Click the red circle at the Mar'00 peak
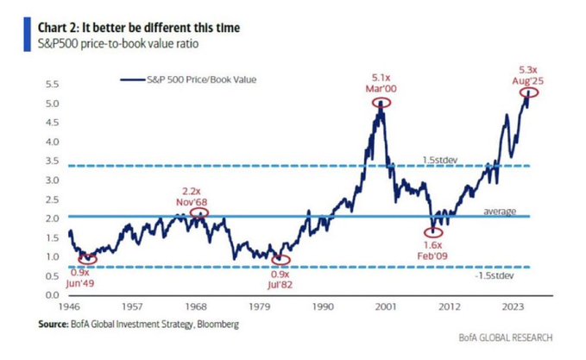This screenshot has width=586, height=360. click(x=380, y=102)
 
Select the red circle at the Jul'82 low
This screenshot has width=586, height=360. click(x=280, y=259)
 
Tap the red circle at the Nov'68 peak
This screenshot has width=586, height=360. click(x=198, y=212)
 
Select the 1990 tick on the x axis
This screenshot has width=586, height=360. click(x=325, y=306)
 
